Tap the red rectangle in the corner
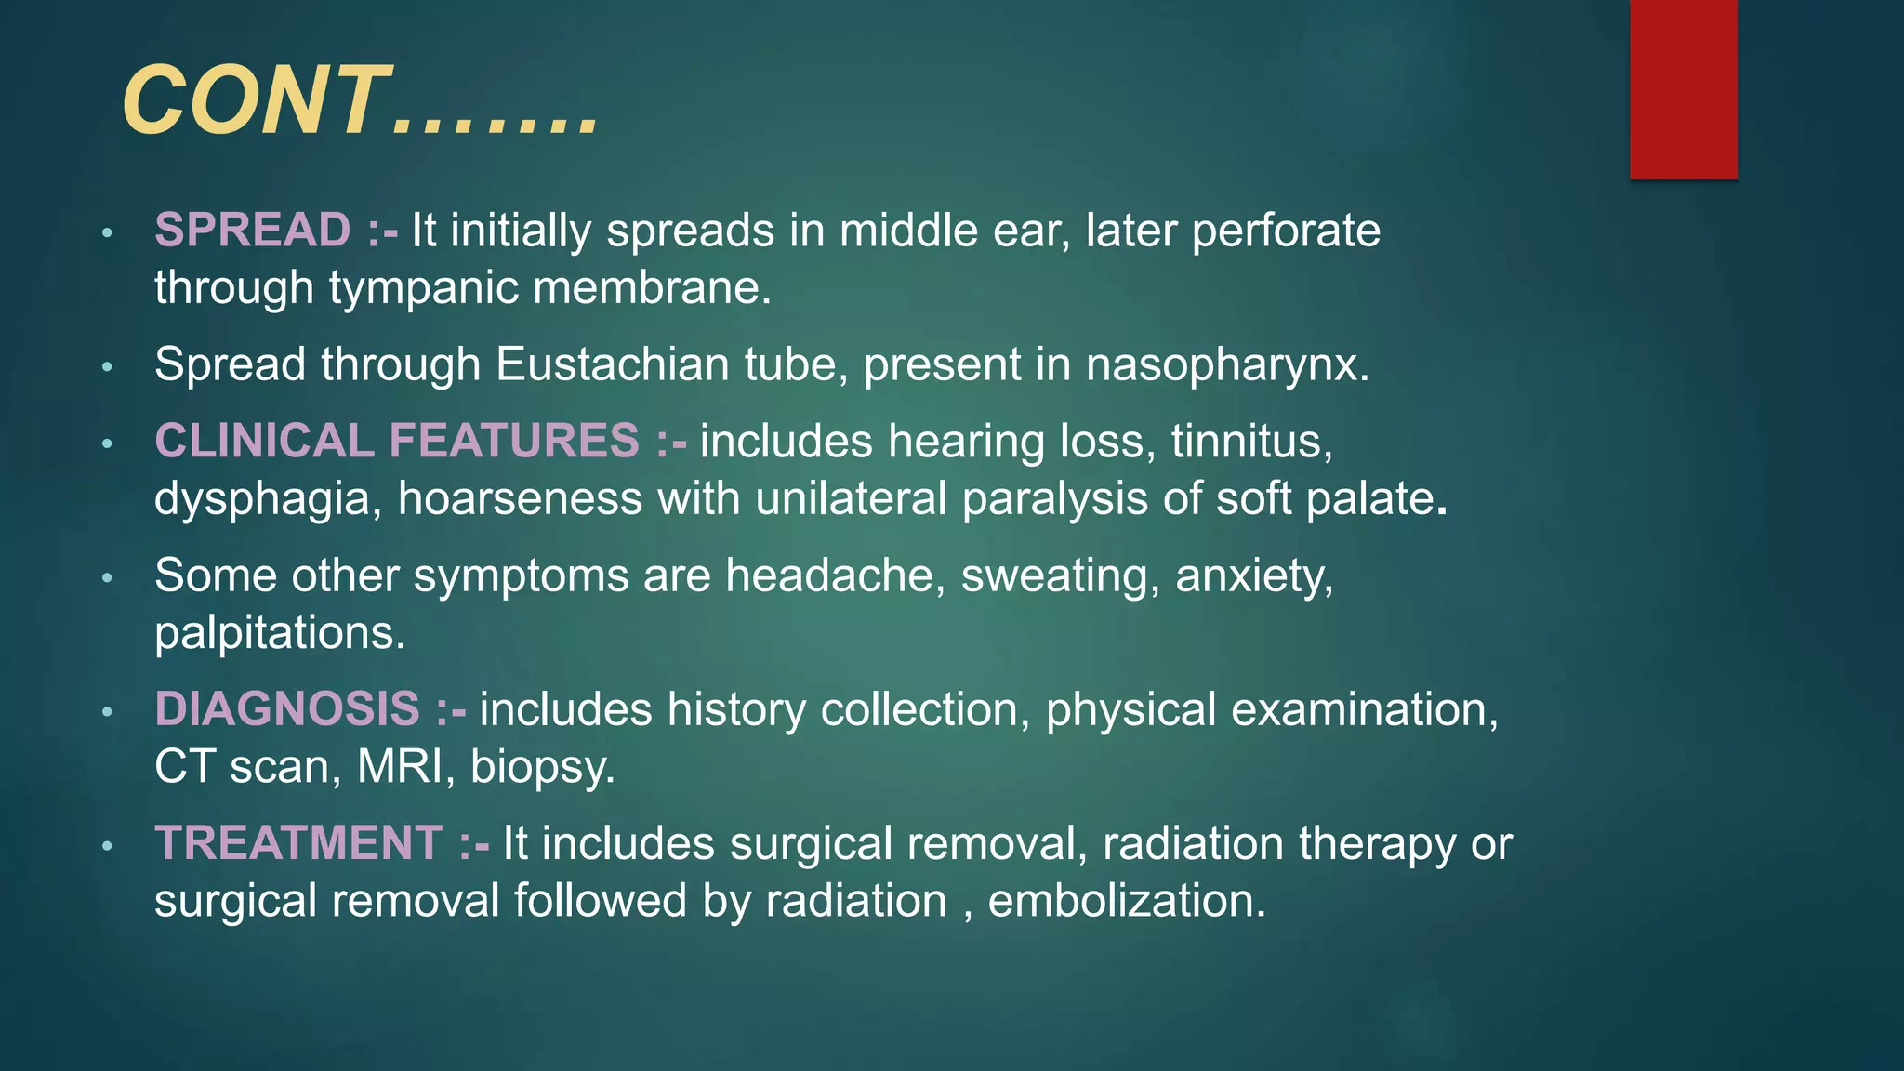tap(1683, 88)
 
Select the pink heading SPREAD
tap(252, 230)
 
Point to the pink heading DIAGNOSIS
tap(287, 708)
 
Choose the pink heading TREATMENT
tap(298, 842)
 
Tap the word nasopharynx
tap(1227, 365)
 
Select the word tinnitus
tap(1251, 441)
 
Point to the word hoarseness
tap(520, 498)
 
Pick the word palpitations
tap(280, 633)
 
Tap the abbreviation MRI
tap(405, 767)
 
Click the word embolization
tap(1126, 900)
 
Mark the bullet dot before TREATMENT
tap(108, 845)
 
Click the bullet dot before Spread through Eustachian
tap(108, 367)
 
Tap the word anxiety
tap(1254, 576)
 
